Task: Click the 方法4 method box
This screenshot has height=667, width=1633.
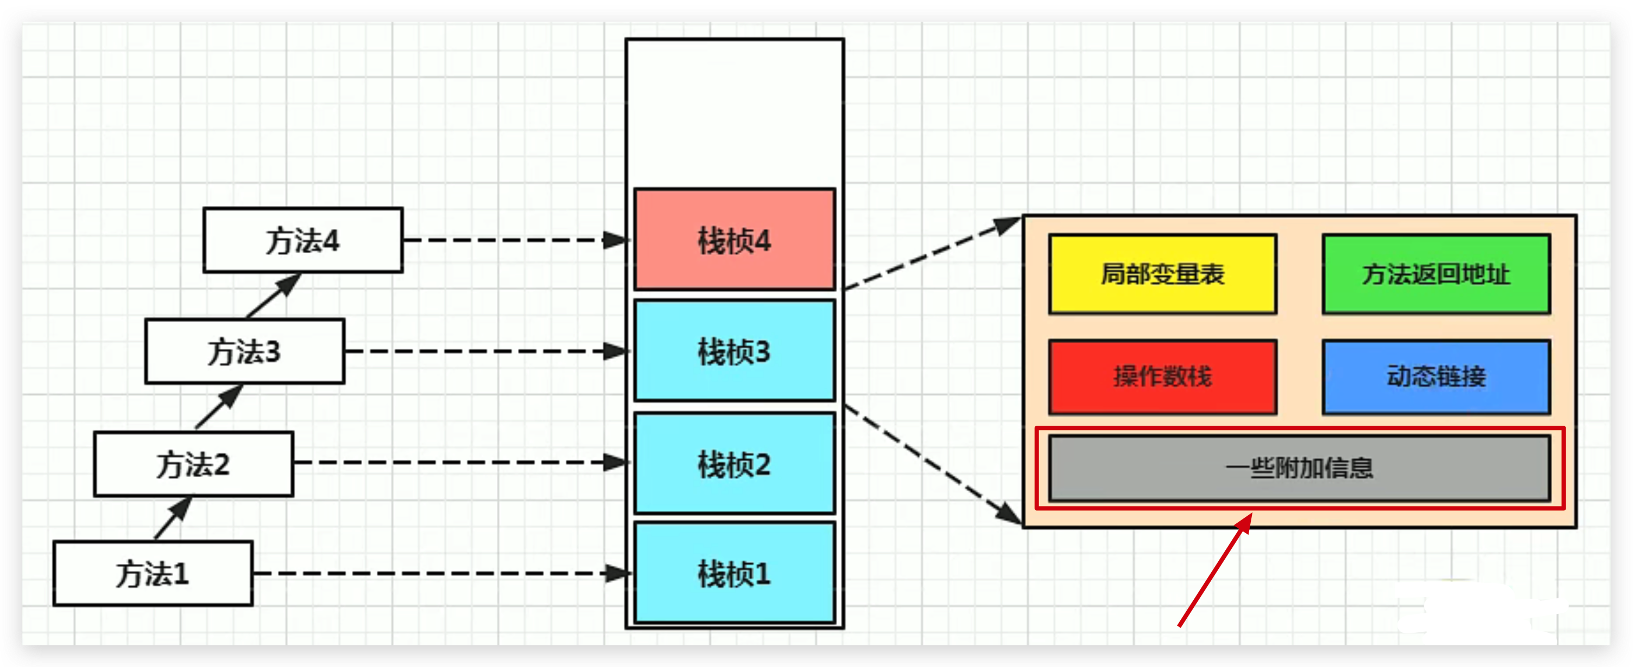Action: point(302,241)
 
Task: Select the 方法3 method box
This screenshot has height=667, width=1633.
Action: point(244,351)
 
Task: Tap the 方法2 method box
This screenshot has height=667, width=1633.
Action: point(193,464)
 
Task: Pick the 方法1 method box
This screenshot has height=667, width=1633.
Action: point(153,574)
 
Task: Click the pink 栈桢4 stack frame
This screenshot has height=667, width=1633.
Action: point(734,240)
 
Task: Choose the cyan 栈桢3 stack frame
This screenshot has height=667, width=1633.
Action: point(734,351)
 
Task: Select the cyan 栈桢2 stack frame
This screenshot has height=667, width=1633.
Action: point(734,464)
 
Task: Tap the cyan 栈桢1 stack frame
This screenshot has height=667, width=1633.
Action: point(734,573)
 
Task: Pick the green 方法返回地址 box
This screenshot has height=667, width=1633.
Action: point(1436,274)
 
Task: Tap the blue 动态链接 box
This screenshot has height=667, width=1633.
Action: point(1436,376)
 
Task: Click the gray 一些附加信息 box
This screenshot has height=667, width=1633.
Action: point(1299,468)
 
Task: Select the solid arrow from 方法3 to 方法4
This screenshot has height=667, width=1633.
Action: point(273,296)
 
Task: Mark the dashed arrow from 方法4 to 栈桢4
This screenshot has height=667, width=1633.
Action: point(514,241)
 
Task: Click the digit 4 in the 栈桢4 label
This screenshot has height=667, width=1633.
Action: point(761,241)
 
